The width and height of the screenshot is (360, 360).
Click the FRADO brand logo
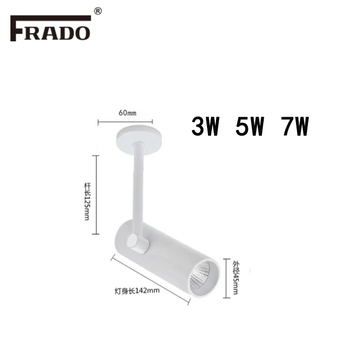[x=50, y=28]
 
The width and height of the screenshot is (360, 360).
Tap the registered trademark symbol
[x=98, y=11]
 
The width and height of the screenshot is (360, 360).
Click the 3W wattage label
[x=206, y=126]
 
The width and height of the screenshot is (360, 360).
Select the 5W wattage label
[x=250, y=126]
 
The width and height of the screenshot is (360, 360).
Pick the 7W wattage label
[x=296, y=126]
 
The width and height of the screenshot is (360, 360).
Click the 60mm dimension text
[x=127, y=113]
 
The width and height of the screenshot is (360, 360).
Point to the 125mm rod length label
[x=87, y=201]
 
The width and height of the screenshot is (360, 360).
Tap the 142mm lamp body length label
[x=137, y=291]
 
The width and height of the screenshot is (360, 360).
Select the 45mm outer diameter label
[x=236, y=277]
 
